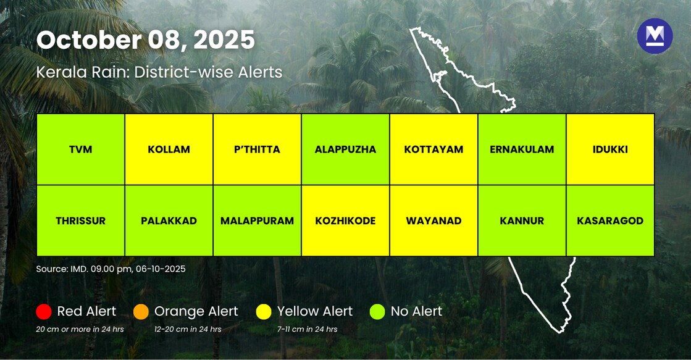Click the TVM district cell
coord(81,149)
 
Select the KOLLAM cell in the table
coord(169,149)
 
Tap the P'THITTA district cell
coord(258,149)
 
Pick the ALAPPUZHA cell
coord(345,149)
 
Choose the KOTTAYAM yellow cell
coord(433,149)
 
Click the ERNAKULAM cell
coord(522,149)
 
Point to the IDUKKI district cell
coord(610,149)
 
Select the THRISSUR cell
coord(81,220)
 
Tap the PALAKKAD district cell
coord(169,220)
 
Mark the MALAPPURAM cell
coord(258,220)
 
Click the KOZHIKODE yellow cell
coord(345,220)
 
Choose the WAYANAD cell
coord(433,220)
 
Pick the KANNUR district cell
coord(522,220)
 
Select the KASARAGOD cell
coord(610,220)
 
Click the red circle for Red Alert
coord(44,312)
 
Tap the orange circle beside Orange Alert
coord(141,312)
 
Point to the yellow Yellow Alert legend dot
coord(264,312)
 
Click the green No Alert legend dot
coord(377,312)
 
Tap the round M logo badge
coord(655,36)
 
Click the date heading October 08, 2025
coord(146,40)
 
